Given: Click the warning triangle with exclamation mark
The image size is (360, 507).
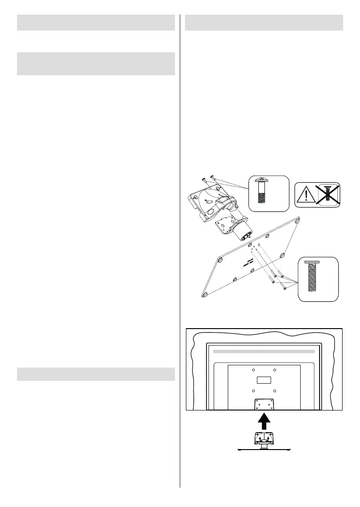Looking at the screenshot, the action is [306, 193].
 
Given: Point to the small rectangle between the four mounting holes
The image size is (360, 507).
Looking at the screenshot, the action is [264, 379].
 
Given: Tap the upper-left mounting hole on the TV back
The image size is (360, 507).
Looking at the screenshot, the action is [253, 369].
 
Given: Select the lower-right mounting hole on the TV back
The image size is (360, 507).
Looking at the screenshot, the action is [275, 390].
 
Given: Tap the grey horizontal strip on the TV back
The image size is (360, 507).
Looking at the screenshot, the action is [264, 351].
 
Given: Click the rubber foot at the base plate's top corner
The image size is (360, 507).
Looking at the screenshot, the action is [297, 218].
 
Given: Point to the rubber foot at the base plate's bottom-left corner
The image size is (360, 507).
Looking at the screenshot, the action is [205, 294].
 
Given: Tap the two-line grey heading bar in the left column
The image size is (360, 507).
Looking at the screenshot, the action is [96, 64].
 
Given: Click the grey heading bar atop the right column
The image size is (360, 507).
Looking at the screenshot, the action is [264, 22].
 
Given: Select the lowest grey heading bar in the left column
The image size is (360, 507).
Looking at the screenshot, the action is [96, 374].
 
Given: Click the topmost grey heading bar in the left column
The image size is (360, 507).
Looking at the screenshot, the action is [96, 22].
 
